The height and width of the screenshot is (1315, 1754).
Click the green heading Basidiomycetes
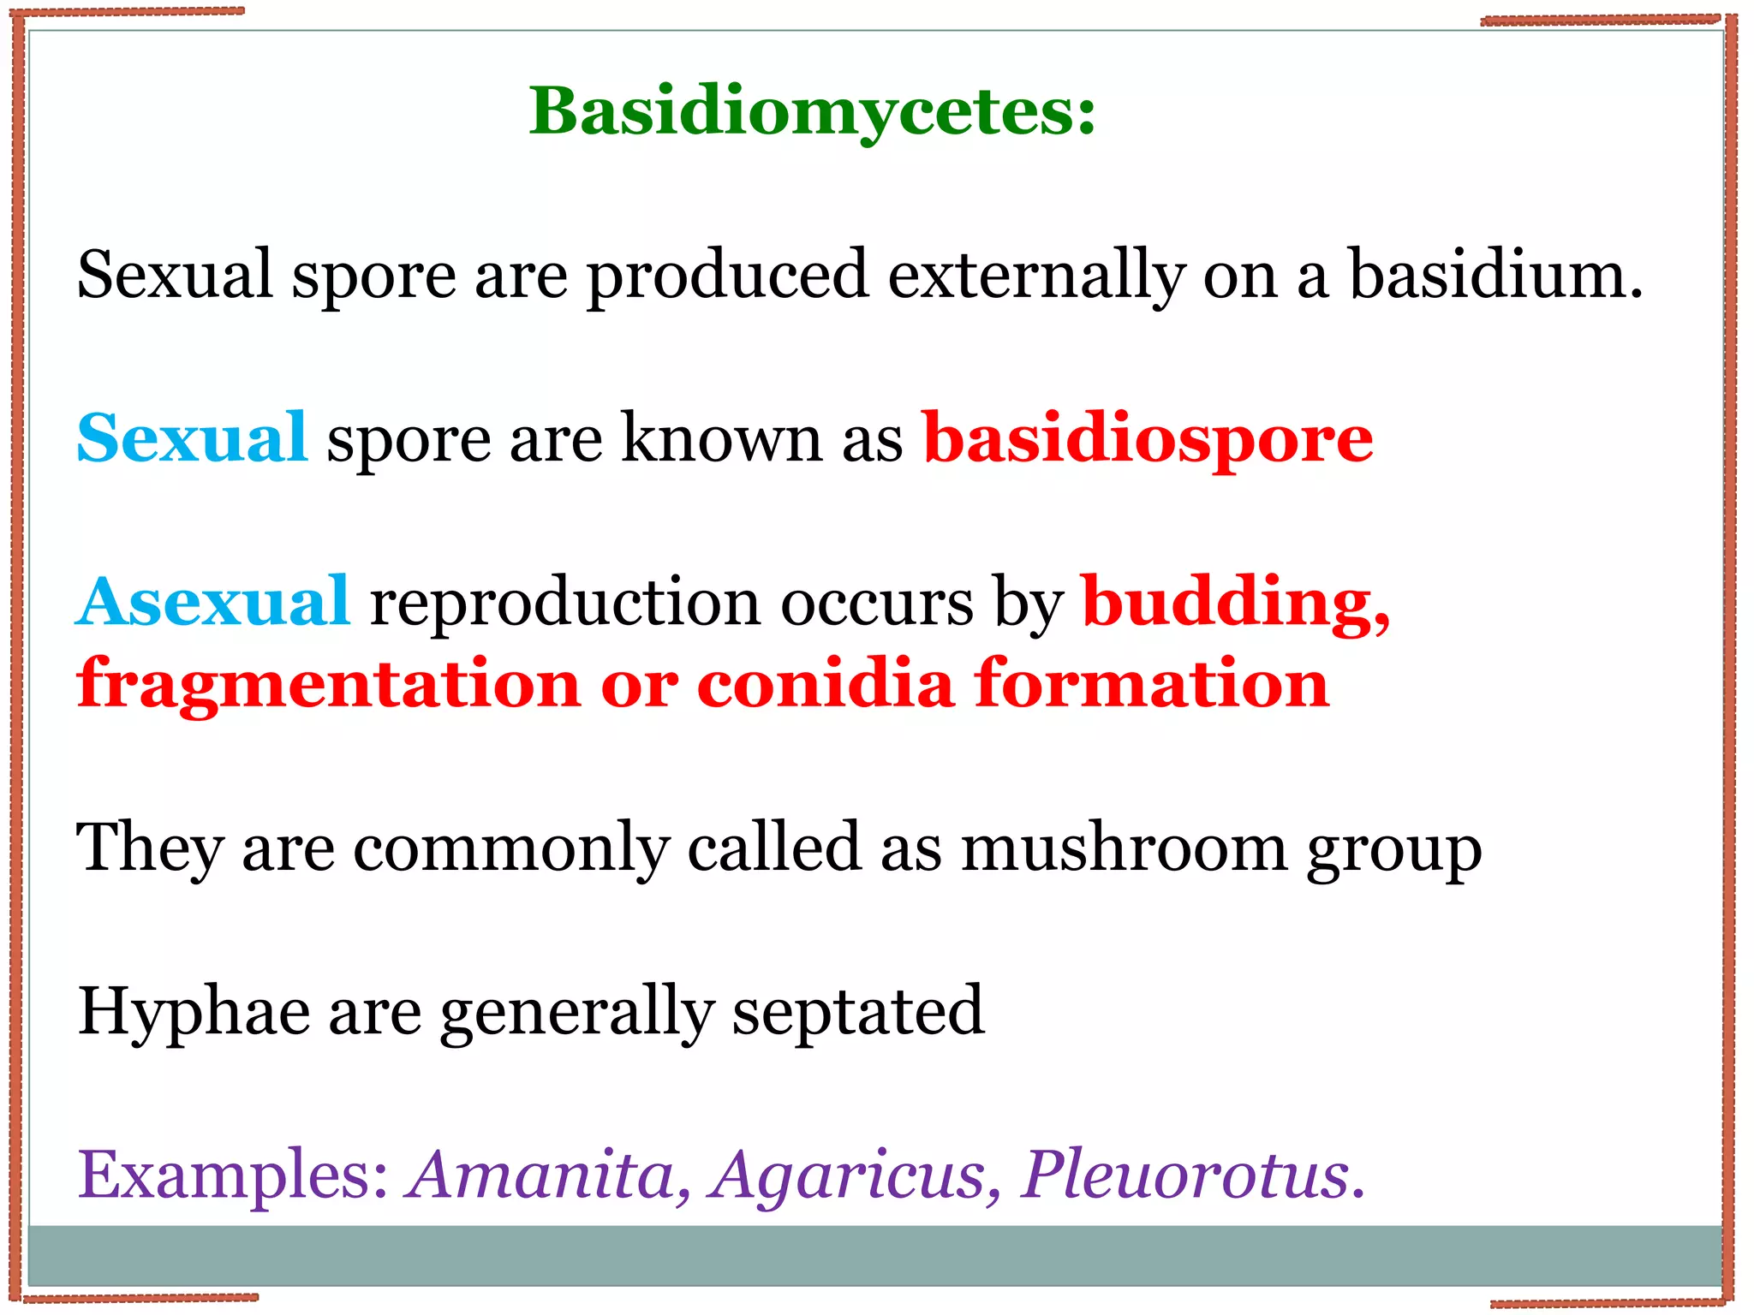[x=811, y=111]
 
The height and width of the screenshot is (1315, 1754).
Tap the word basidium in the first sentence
[x=1494, y=276]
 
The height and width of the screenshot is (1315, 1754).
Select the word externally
[x=1035, y=276]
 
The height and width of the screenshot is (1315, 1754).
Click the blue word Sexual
[x=192, y=438]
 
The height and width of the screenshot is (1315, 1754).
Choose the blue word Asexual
[x=212, y=603]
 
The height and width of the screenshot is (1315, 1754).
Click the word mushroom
[x=1123, y=848]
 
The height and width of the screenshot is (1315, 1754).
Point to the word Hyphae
[x=194, y=1012]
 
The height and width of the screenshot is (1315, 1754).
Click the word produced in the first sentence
[x=727, y=276]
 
